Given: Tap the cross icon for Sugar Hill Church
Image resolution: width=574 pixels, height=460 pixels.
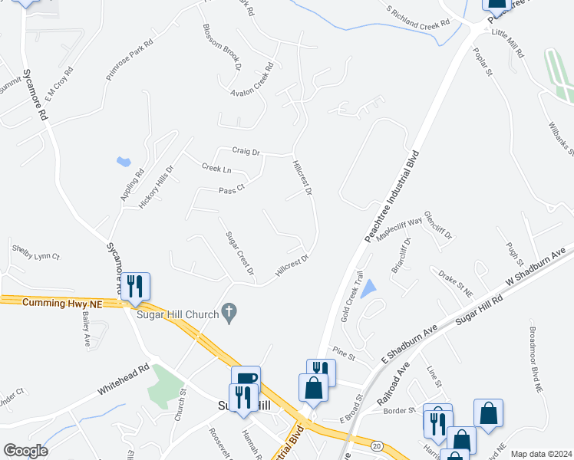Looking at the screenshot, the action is [227, 311].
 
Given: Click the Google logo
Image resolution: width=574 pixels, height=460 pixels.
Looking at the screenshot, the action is [25, 450].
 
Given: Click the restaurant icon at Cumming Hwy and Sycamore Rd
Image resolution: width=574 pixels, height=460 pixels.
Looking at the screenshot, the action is [136, 287].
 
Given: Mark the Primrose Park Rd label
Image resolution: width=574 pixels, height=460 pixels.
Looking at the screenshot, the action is [130, 58].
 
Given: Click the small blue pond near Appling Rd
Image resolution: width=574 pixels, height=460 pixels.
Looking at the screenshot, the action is [123, 162].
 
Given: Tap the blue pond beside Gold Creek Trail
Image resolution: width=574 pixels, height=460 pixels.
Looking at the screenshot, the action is [369, 289].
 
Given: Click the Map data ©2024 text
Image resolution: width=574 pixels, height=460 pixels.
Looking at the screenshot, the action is [541, 454].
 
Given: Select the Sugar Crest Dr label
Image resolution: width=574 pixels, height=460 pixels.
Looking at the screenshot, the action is [239, 254].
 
